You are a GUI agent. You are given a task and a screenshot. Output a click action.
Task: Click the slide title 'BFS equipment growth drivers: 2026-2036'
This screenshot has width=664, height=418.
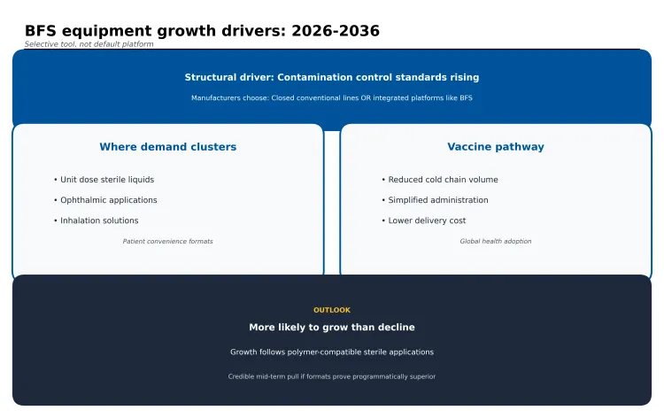coord(202,31)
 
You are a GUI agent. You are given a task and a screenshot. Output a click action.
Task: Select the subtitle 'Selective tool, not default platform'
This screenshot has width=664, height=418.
coord(89,44)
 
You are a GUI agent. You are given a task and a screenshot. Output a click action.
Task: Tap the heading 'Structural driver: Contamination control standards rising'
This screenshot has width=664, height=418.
coord(332,78)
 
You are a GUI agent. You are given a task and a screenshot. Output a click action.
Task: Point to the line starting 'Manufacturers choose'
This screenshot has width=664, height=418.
coord(332,98)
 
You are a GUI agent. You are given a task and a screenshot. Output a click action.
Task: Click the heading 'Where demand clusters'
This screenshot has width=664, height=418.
coord(167,147)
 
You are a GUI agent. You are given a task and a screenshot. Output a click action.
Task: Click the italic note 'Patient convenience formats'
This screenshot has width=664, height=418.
coord(167,241)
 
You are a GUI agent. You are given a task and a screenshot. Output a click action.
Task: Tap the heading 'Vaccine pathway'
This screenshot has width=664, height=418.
coord(496,147)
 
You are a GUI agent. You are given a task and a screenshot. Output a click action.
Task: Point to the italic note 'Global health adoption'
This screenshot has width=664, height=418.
coord(496,241)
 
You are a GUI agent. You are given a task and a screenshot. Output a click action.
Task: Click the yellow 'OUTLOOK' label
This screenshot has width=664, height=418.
coord(332,310)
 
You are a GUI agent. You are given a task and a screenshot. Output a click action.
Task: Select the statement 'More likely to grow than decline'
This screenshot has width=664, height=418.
coord(332,328)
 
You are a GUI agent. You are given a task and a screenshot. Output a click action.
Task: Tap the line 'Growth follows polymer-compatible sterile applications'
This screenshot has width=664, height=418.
coord(332,352)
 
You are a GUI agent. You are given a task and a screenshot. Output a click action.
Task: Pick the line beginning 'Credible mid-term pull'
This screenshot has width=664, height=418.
coord(332,376)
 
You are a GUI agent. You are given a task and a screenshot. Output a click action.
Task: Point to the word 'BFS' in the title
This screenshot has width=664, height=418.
coord(42,31)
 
